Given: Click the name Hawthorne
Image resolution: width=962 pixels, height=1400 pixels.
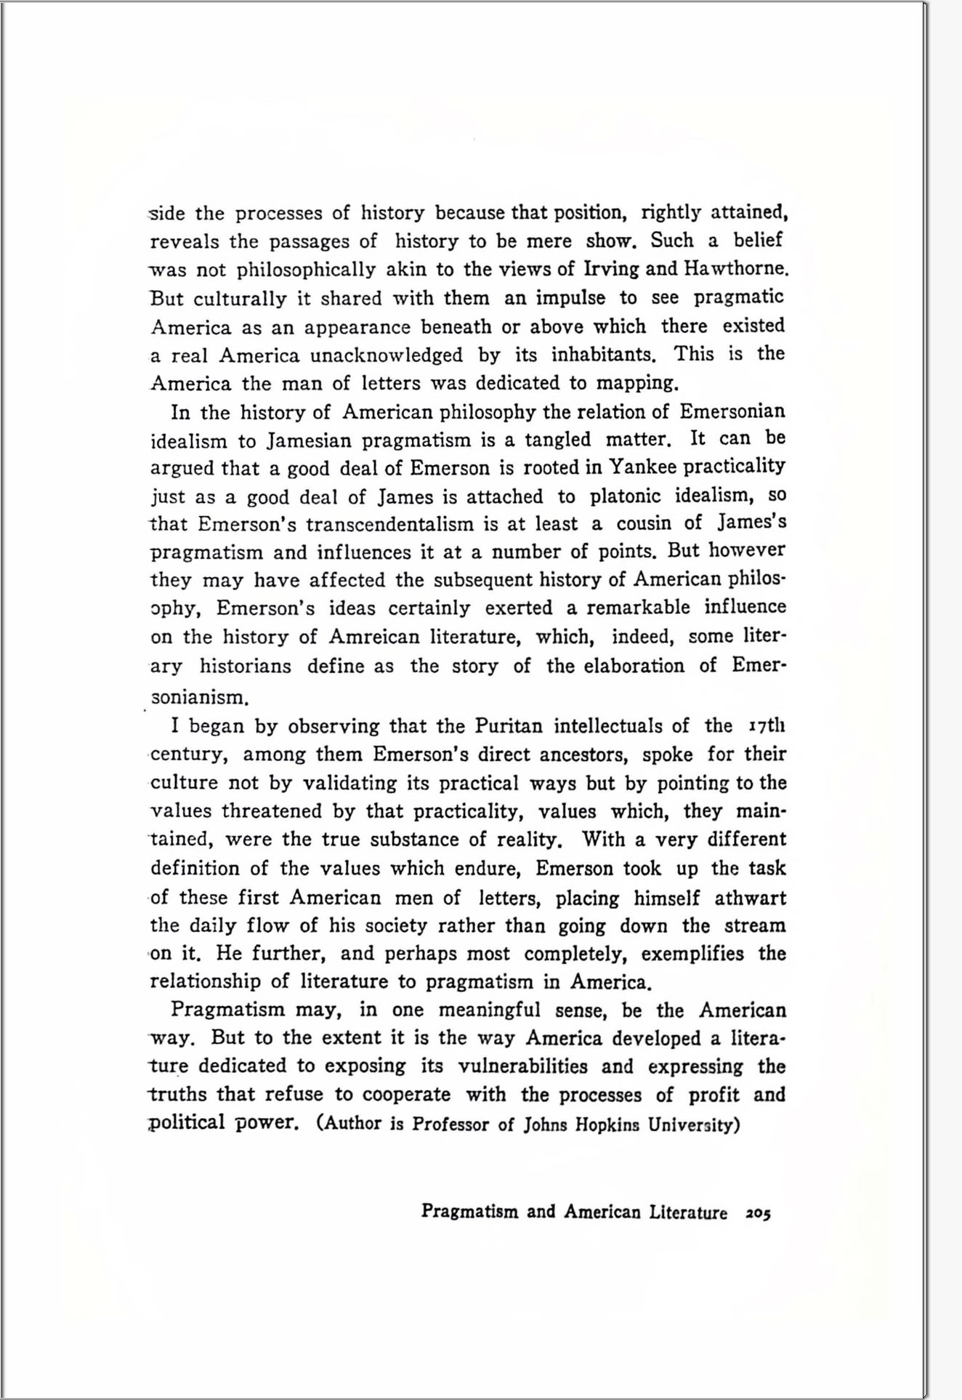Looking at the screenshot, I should pyautogui.click(x=735, y=269).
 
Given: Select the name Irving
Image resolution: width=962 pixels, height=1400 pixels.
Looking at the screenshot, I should pyautogui.click(x=611, y=269).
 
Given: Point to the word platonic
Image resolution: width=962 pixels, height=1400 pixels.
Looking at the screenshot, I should pyautogui.click(x=625, y=496).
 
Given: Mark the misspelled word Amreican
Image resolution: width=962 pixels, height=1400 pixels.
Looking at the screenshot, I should pyautogui.click(x=373, y=637).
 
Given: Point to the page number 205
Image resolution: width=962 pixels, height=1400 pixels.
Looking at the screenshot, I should pyautogui.click(x=758, y=1213).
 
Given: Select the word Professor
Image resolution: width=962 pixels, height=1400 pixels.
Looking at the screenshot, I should pyautogui.click(x=450, y=1125).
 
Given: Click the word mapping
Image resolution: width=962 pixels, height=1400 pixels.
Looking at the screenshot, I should pyautogui.click(x=637, y=383).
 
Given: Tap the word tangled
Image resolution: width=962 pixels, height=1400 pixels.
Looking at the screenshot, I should pyautogui.click(x=558, y=440).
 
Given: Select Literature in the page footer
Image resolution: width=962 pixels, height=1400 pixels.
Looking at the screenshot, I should pyautogui.click(x=688, y=1212).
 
